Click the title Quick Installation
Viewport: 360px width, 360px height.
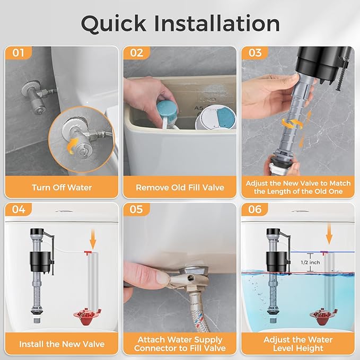click(x=180, y=23)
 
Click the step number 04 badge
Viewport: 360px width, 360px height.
click(x=19, y=209)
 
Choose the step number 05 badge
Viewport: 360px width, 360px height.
click(x=137, y=209)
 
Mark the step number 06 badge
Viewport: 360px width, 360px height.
click(x=255, y=209)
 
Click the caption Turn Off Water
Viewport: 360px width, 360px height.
click(x=62, y=187)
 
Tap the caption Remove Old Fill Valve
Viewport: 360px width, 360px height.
click(x=180, y=187)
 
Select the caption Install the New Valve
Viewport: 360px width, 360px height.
click(x=62, y=344)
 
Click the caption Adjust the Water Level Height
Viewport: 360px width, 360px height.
click(x=298, y=344)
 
